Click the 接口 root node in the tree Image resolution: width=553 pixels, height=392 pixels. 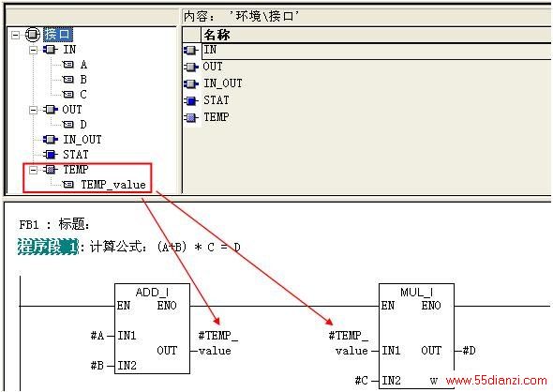pyautogui.click(x=58, y=34)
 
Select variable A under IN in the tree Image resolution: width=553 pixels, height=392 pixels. pyautogui.click(x=83, y=65)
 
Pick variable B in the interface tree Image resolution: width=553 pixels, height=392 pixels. pyautogui.click(x=83, y=80)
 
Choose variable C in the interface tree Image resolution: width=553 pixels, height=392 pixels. pyautogui.click(x=83, y=95)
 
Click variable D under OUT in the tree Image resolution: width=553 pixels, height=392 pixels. pyautogui.click(x=83, y=125)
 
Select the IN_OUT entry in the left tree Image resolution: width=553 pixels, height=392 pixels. pyautogui.click(x=82, y=140)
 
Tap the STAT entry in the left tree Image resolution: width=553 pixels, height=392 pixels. pyautogui.click(x=76, y=155)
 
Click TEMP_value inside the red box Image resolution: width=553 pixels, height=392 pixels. pyautogui.click(x=113, y=185)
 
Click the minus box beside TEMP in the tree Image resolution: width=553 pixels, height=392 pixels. pyautogui.click(x=33, y=170)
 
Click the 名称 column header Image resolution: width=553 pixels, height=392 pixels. pyautogui.click(x=217, y=35)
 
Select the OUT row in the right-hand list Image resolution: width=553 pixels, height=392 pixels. pyautogui.click(x=213, y=67)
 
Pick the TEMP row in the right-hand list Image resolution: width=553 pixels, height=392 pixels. pyautogui.click(x=217, y=117)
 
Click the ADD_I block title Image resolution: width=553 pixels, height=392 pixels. pyautogui.click(x=152, y=293)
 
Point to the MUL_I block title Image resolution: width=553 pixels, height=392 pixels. pyautogui.click(x=416, y=293)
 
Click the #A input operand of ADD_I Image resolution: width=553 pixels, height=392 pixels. pyautogui.click(x=97, y=336)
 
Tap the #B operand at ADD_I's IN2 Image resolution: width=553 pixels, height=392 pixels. pyautogui.click(x=97, y=366)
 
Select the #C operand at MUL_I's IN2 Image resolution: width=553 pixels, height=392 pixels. pyautogui.click(x=362, y=381)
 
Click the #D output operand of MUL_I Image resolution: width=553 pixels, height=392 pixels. pyautogui.click(x=469, y=351)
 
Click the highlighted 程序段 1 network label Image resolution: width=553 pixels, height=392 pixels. pyautogui.click(x=48, y=247)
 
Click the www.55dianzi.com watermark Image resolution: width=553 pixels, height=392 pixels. pyautogui.click(x=496, y=381)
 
